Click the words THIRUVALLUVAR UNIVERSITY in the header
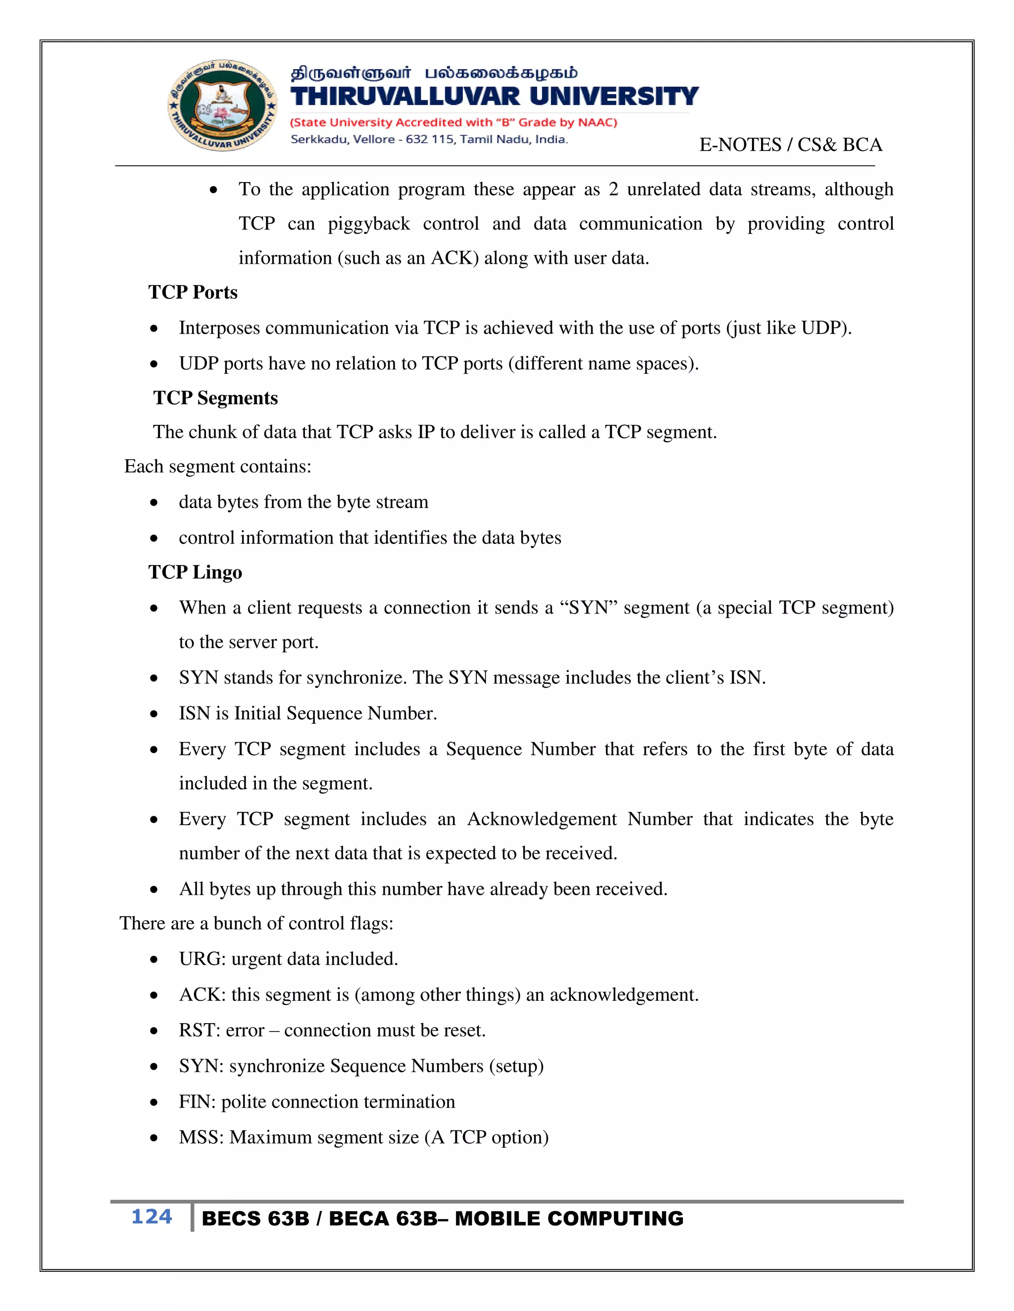pos(494,96)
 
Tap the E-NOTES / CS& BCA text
pos(790,144)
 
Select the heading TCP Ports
pos(193,292)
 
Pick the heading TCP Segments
pos(215,398)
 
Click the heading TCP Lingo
pos(195,572)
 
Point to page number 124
pos(152,1217)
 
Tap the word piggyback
pos(369,224)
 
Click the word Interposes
pos(219,328)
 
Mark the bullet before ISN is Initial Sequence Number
pos(154,714)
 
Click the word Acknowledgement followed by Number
pos(542,819)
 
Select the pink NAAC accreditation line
pos(454,123)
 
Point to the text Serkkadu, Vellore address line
pos(429,140)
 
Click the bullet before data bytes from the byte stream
pos(154,503)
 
